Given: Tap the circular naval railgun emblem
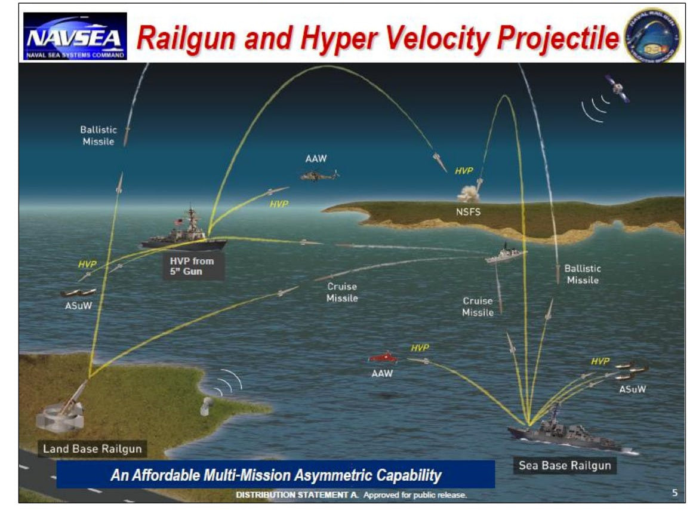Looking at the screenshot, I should pyautogui.click(x=651, y=35).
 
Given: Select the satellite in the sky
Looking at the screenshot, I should pyautogui.click(x=617, y=88).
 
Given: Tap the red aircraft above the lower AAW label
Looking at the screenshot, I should pyautogui.click(x=383, y=358).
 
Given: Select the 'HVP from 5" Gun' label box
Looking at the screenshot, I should pyautogui.click(x=191, y=266).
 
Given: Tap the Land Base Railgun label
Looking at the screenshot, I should pyautogui.click(x=86, y=449).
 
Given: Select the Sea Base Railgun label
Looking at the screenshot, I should pyautogui.click(x=565, y=465).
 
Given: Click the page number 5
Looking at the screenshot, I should pyautogui.click(x=675, y=493).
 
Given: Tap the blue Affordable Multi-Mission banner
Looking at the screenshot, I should pyautogui.click(x=275, y=475).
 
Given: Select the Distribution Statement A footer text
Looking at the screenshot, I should pyautogui.click(x=350, y=495).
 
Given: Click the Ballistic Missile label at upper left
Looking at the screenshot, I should pyautogui.click(x=98, y=136).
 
